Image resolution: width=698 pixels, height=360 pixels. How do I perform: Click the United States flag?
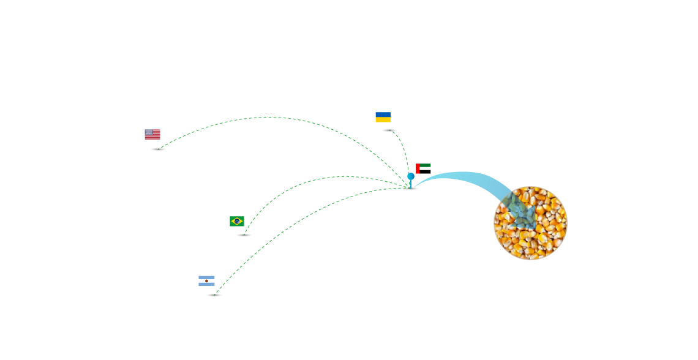coord(152,134)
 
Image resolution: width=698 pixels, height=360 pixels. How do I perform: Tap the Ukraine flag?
coord(383,117)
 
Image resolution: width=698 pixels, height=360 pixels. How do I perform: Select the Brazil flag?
coord(237,221)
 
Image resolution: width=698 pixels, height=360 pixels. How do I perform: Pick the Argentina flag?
coord(206,280)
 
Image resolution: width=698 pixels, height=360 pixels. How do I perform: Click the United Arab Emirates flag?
coord(424,167)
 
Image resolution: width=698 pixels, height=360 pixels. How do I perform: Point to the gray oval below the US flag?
coord(158,149)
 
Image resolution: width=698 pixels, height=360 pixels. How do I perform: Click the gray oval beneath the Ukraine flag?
coord(389,130)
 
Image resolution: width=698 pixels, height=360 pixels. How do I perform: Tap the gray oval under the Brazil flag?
coord(244,235)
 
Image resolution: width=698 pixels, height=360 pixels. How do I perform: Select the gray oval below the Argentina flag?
coord(214,295)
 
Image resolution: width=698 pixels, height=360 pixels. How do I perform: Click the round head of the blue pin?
coord(411,176)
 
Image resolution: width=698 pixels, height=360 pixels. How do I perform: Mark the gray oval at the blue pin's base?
coord(411,189)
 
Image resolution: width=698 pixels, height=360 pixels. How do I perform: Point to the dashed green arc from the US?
coord(269,117)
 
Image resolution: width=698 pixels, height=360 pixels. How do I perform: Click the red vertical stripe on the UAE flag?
coord(418,168)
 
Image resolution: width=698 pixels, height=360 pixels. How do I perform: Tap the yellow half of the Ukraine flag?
coord(383,120)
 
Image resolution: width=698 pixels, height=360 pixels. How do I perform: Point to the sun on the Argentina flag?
coord(206,280)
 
